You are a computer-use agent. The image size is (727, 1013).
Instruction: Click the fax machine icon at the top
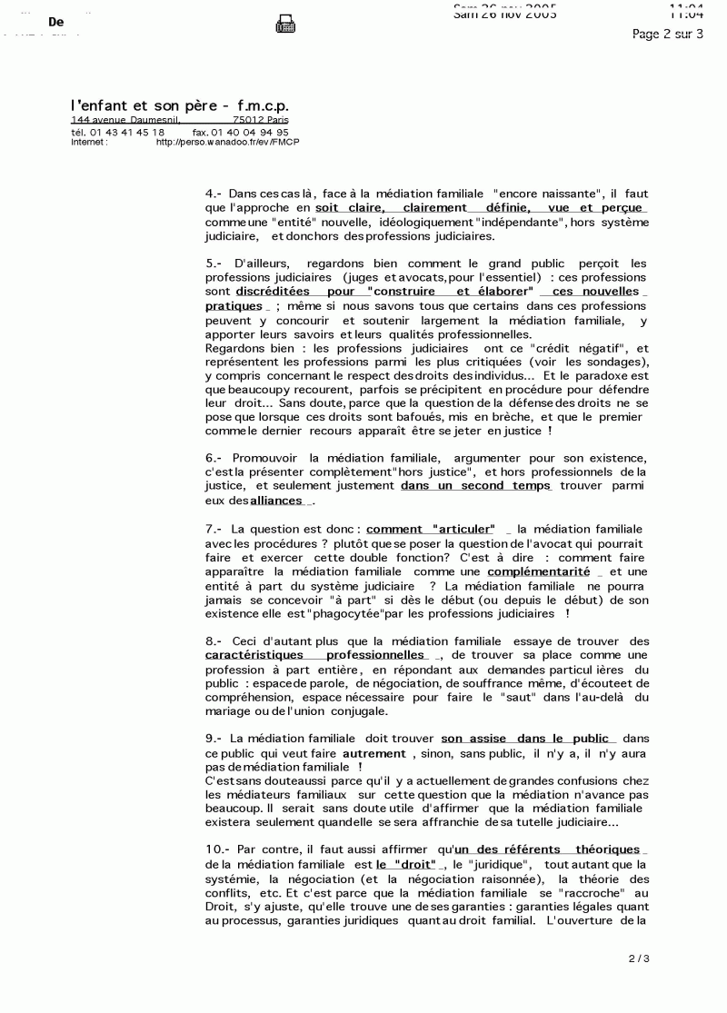[x=282, y=25]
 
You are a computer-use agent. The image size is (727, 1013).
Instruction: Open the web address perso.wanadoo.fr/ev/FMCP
[x=227, y=142]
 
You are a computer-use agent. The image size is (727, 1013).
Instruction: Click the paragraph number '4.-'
[x=214, y=194]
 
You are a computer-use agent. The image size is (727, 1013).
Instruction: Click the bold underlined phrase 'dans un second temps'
[x=475, y=486]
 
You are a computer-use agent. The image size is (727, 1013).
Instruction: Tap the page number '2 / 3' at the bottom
[x=639, y=958]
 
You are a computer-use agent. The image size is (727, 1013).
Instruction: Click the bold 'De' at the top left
[x=55, y=23]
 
